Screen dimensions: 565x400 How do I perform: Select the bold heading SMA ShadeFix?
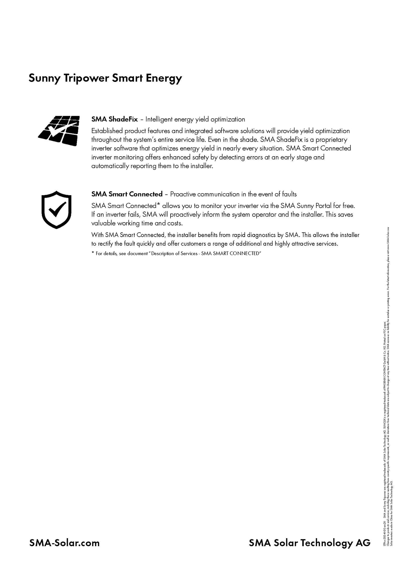point(115,119)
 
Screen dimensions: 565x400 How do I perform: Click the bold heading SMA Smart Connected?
point(127,194)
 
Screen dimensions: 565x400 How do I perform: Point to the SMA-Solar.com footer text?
point(64,543)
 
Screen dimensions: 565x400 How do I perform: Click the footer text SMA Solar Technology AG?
point(309,543)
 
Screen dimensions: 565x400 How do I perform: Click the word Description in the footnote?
point(166,254)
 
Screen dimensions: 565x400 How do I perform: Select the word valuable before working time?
point(104,223)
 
